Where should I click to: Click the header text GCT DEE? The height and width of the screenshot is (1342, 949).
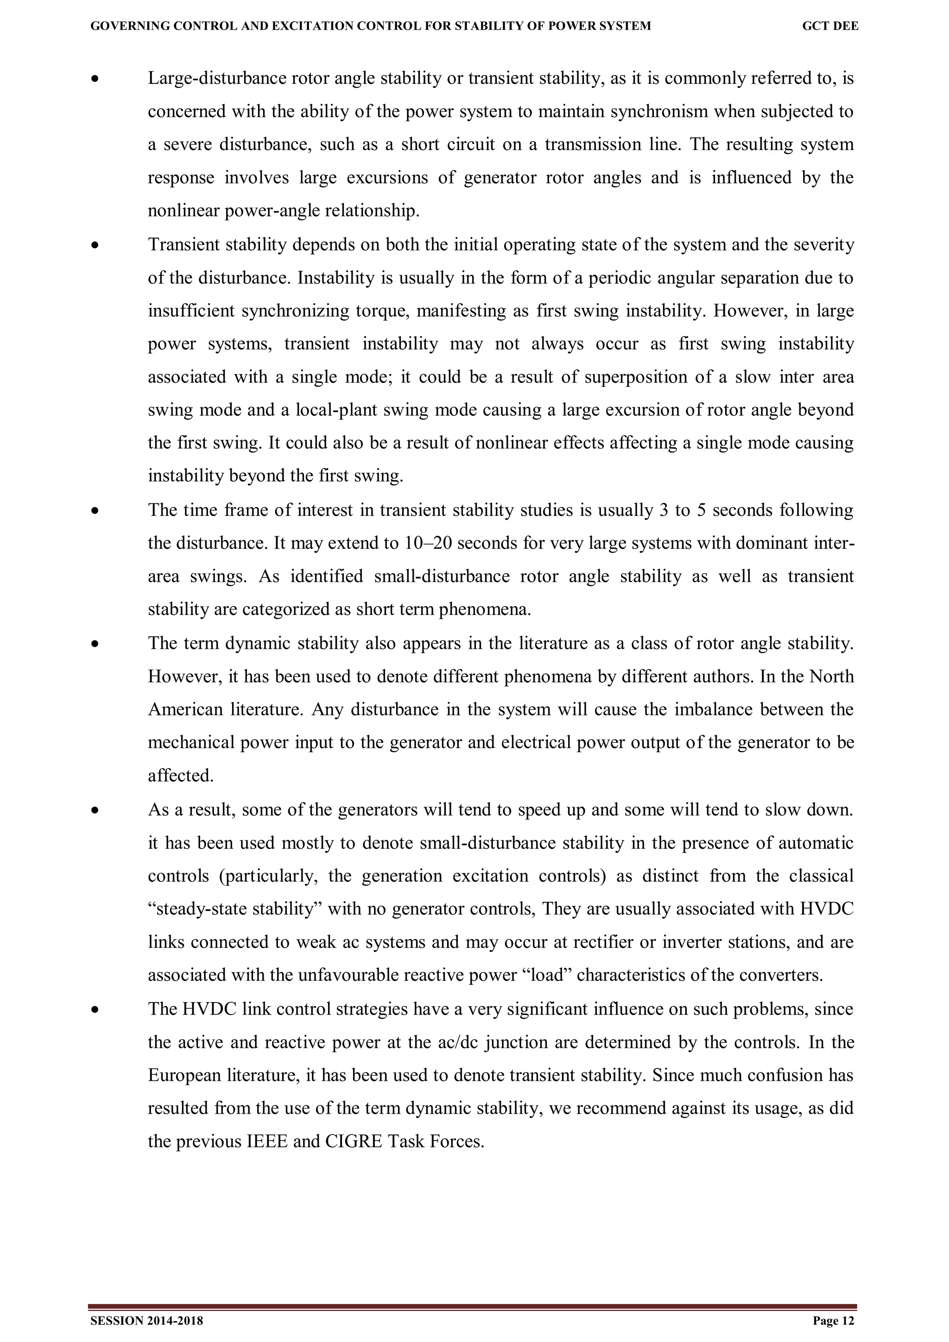point(830,26)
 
